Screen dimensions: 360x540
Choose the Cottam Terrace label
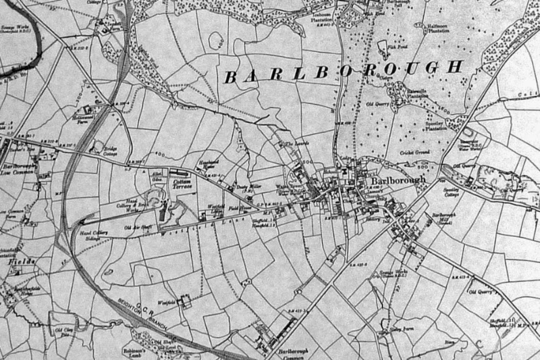coord(184,184)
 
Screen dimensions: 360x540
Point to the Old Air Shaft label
coord(139,227)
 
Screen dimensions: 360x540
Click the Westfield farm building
coord(182,303)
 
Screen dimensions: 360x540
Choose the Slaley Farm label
coord(401,329)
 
